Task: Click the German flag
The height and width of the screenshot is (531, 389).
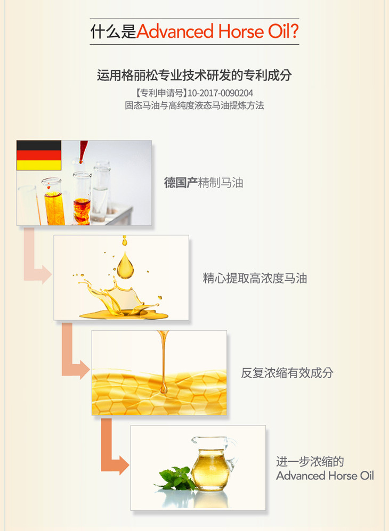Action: click(39, 156)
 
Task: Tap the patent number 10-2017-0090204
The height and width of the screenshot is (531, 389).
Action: click(220, 93)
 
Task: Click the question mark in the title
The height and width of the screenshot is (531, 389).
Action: click(294, 31)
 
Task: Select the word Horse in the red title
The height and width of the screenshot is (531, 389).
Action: click(241, 31)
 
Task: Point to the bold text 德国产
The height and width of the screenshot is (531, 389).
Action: click(181, 183)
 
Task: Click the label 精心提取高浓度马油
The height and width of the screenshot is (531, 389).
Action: click(255, 279)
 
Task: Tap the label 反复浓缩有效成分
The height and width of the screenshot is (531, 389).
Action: click(287, 373)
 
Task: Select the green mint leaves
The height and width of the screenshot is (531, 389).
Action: click(175, 478)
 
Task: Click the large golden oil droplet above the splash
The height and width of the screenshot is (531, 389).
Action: click(125, 265)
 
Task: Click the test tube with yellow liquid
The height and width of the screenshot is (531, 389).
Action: click(53, 202)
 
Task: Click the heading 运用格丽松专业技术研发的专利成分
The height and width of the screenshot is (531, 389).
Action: click(194, 75)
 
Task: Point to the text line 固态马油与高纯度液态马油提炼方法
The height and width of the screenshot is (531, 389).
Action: click(194, 105)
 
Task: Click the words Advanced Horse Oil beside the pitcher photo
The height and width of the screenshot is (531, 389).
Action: click(325, 476)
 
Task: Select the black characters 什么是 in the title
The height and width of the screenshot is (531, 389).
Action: click(113, 31)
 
